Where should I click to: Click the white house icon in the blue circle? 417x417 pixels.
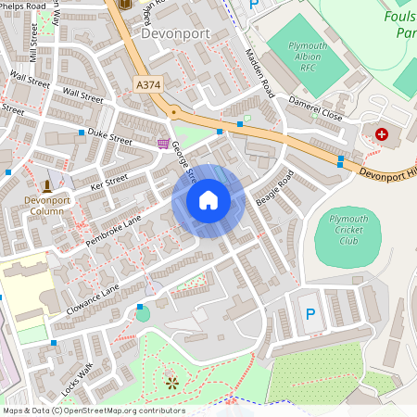pos(208,200)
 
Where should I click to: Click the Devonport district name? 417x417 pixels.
pos(176,33)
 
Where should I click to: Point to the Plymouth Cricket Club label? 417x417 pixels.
pos(348,230)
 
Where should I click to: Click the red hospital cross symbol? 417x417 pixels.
pos(383,134)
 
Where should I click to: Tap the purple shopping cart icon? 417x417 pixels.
pos(164,144)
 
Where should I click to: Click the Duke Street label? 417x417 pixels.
pos(109,136)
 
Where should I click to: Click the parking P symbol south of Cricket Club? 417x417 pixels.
pos(310,315)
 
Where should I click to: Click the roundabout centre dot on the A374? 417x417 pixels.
pos(172,112)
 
